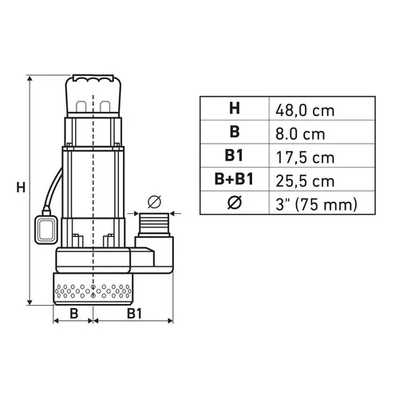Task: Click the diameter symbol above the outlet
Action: pos(156,201)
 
